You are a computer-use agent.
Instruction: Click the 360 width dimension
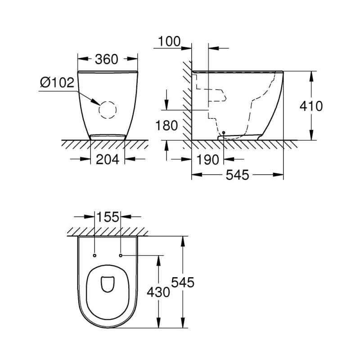107,59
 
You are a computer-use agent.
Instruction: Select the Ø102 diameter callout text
57,83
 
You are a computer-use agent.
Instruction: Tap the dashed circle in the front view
108,109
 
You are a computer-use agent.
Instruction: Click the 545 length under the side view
238,175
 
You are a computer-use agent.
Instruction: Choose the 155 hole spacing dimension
108,217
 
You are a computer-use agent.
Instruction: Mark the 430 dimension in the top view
159,292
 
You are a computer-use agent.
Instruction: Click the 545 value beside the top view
183,283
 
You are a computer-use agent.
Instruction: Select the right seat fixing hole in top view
121,256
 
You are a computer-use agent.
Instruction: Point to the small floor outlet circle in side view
224,133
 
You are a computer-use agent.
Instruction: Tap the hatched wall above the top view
108,232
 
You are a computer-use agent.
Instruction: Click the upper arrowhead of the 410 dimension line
311,74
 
